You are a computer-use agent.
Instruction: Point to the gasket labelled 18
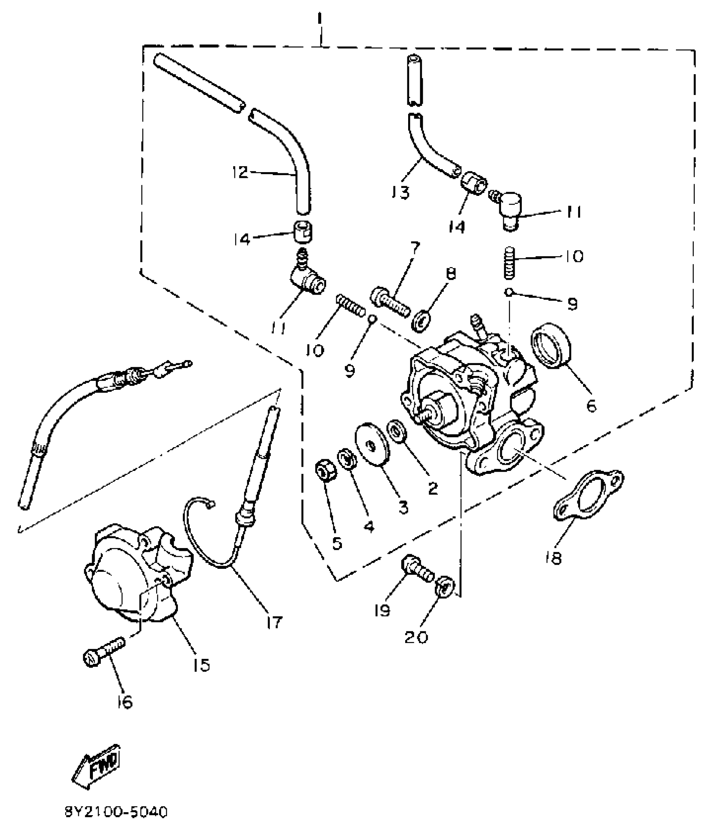click(x=588, y=496)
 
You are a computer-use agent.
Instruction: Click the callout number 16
click(x=125, y=702)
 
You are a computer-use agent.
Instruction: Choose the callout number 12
click(x=240, y=172)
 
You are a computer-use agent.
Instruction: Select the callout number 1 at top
click(x=319, y=19)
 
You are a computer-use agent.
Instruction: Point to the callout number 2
click(x=433, y=488)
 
